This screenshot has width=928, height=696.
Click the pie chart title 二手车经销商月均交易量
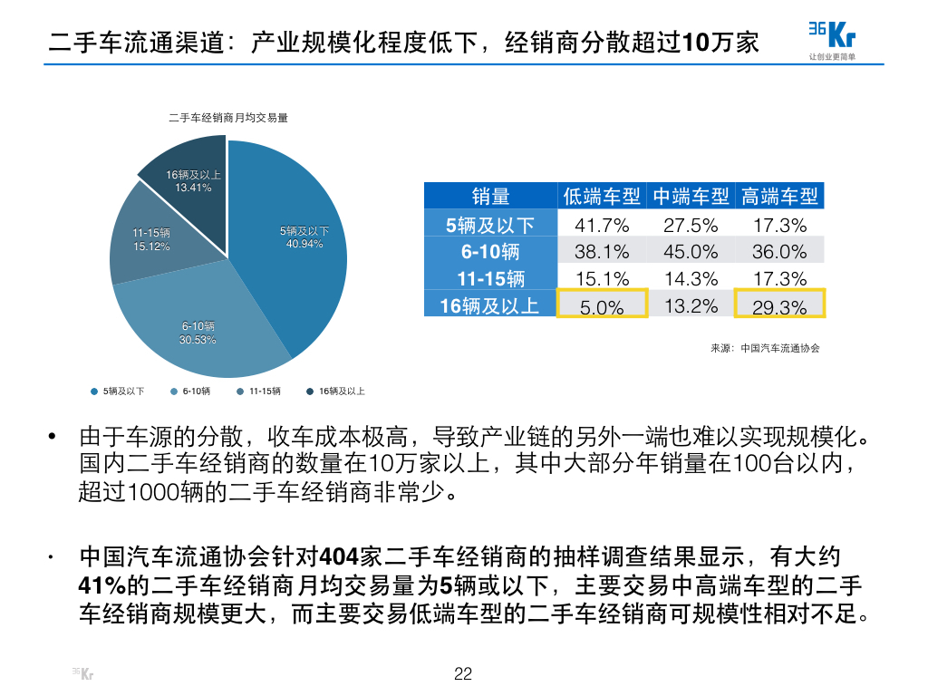(x=228, y=118)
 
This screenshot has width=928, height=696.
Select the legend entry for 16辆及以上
(x=336, y=391)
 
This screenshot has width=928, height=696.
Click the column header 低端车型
(x=602, y=196)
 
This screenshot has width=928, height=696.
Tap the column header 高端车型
(x=779, y=196)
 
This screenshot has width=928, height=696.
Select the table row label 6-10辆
(x=489, y=252)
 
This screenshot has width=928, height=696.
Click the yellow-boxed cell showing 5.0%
(x=602, y=304)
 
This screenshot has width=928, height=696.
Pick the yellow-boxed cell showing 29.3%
(x=779, y=304)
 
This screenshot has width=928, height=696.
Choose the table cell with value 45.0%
(x=691, y=252)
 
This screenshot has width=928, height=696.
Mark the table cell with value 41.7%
(x=602, y=225)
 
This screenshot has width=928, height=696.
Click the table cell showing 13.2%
(x=691, y=305)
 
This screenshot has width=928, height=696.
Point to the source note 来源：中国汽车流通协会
(x=765, y=348)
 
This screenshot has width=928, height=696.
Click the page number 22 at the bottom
(x=463, y=673)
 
